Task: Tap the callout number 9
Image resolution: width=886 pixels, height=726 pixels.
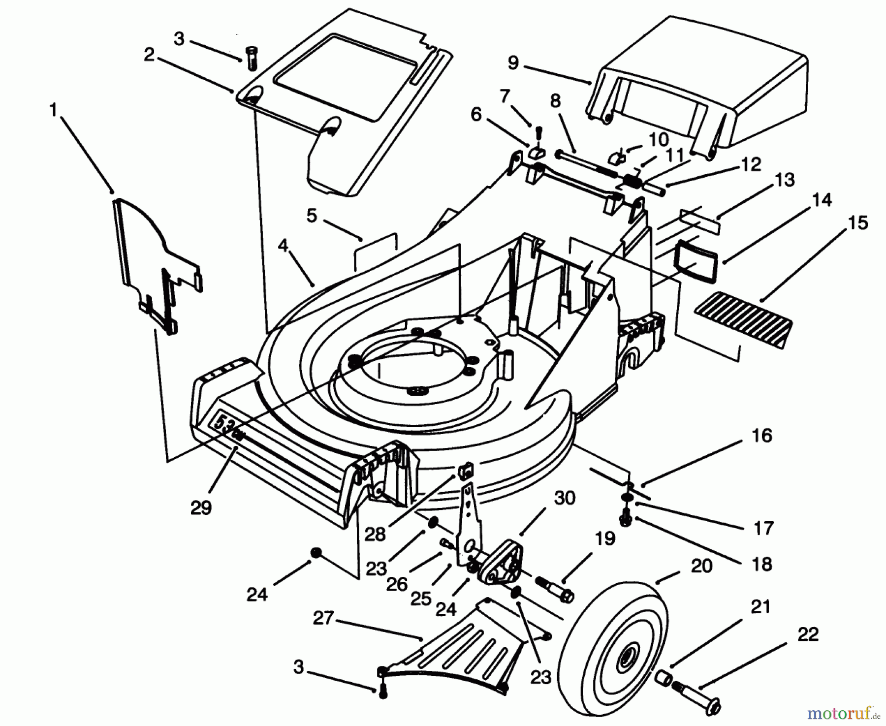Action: coord(513,63)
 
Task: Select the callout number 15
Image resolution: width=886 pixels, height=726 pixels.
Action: coord(858,222)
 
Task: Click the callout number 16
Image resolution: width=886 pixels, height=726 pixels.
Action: coord(762,436)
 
